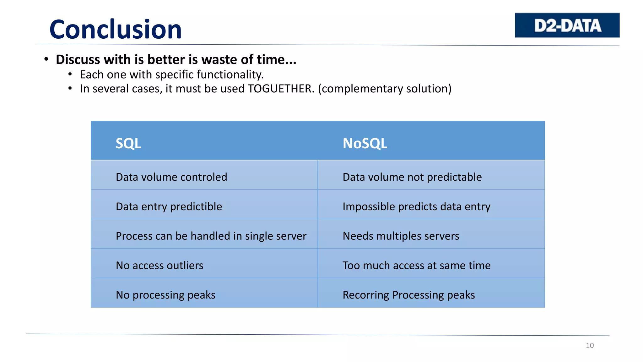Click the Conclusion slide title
tap(116, 29)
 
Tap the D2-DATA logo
tap(567, 25)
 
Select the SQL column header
tap(128, 143)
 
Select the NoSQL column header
tap(365, 143)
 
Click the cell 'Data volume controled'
tap(171, 177)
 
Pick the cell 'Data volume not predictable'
tap(412, 177)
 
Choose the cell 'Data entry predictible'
tap(169, 206)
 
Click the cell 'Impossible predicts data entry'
tap(416, 206)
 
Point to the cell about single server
tap(211, 236)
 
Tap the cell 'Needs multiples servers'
tap(401, 236)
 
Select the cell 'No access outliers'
tap(159, 266)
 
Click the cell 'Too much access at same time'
tap(416, 266)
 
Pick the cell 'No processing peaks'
tap(165, 295)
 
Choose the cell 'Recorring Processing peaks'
tap(408, 295)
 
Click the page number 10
tap(590, 345)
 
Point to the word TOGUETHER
tap(281, 89)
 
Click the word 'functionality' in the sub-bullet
tap(230, 75)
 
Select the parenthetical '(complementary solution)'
tap(385, 89)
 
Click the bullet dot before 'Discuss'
tap(46, 59)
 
